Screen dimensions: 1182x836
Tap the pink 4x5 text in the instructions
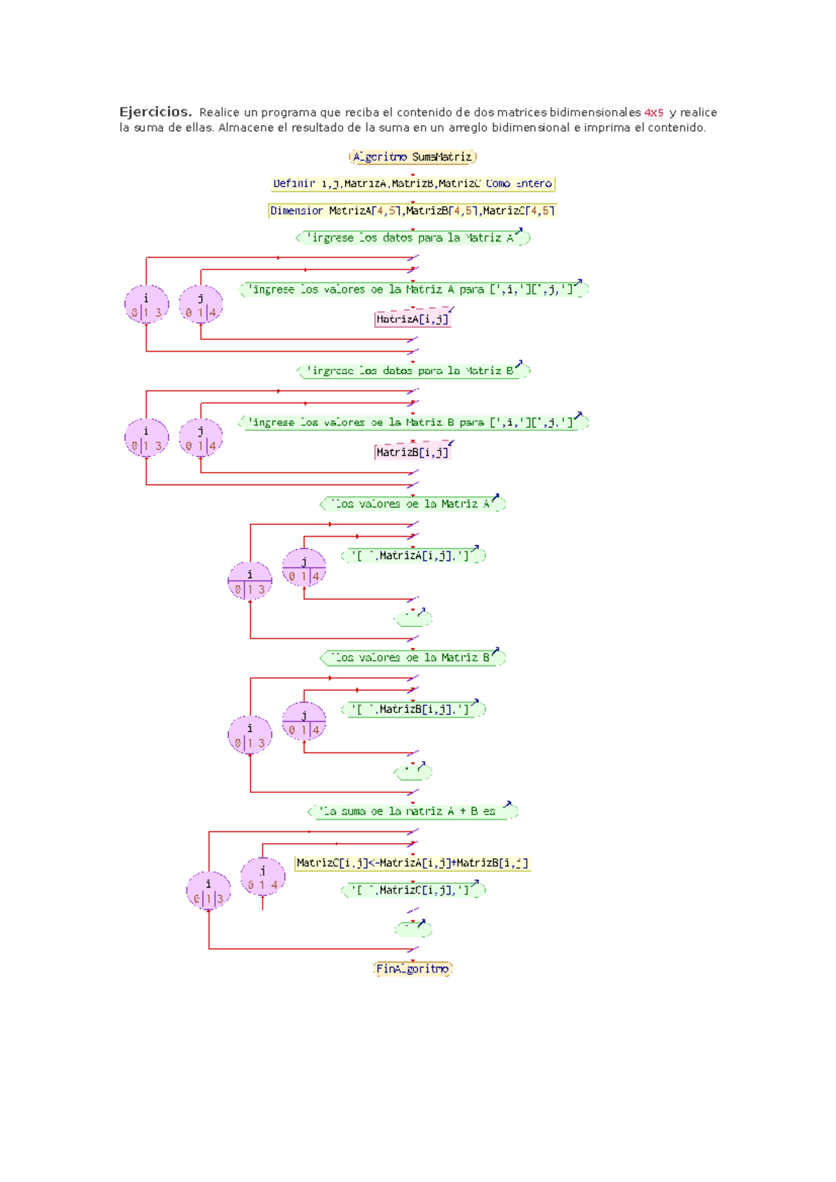pyautogui.click(x=653, y=113)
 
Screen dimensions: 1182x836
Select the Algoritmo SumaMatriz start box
pyautogui.click(x=412, y=157)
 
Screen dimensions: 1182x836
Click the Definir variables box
pyautogui.click(x=412, y=184)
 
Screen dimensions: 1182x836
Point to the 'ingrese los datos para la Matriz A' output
pyautogui.click(x=412, y=238)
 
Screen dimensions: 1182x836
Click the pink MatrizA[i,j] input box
pyautogui.click(x=412, y=320)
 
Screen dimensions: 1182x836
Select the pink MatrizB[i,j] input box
pyautogui.click(x=412, y=452)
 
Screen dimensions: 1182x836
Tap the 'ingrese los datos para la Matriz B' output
pyautogui.click(x=412, y=371)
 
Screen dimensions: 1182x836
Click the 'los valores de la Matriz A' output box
pyautogui.click(x=412, y=504)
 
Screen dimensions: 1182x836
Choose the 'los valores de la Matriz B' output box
pyautogui.click(x=412, y=658)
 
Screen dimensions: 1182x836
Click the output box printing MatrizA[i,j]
pyautogui.click(x=412, y=555)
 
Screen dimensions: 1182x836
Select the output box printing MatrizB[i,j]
pyautogui.click(x=412, y=709)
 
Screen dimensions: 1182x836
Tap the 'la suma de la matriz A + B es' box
pyautogui.click(x=412, y=812)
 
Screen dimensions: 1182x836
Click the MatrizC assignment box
pyautogui.click(x=412, y=863)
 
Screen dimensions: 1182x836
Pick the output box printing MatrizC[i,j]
pyautogui.click(x=412, y=890)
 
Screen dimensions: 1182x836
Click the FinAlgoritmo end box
pyautogui.click(x=412, y=969)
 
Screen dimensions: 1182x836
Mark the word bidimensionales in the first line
pyautogui.click(x=595, y=113)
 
